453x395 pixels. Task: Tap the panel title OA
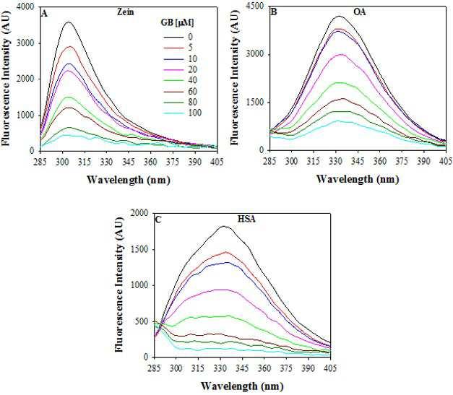pyautogui.click(x=355, y=12)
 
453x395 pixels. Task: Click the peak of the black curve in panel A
pyautogui.click(x=69, y=22)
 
